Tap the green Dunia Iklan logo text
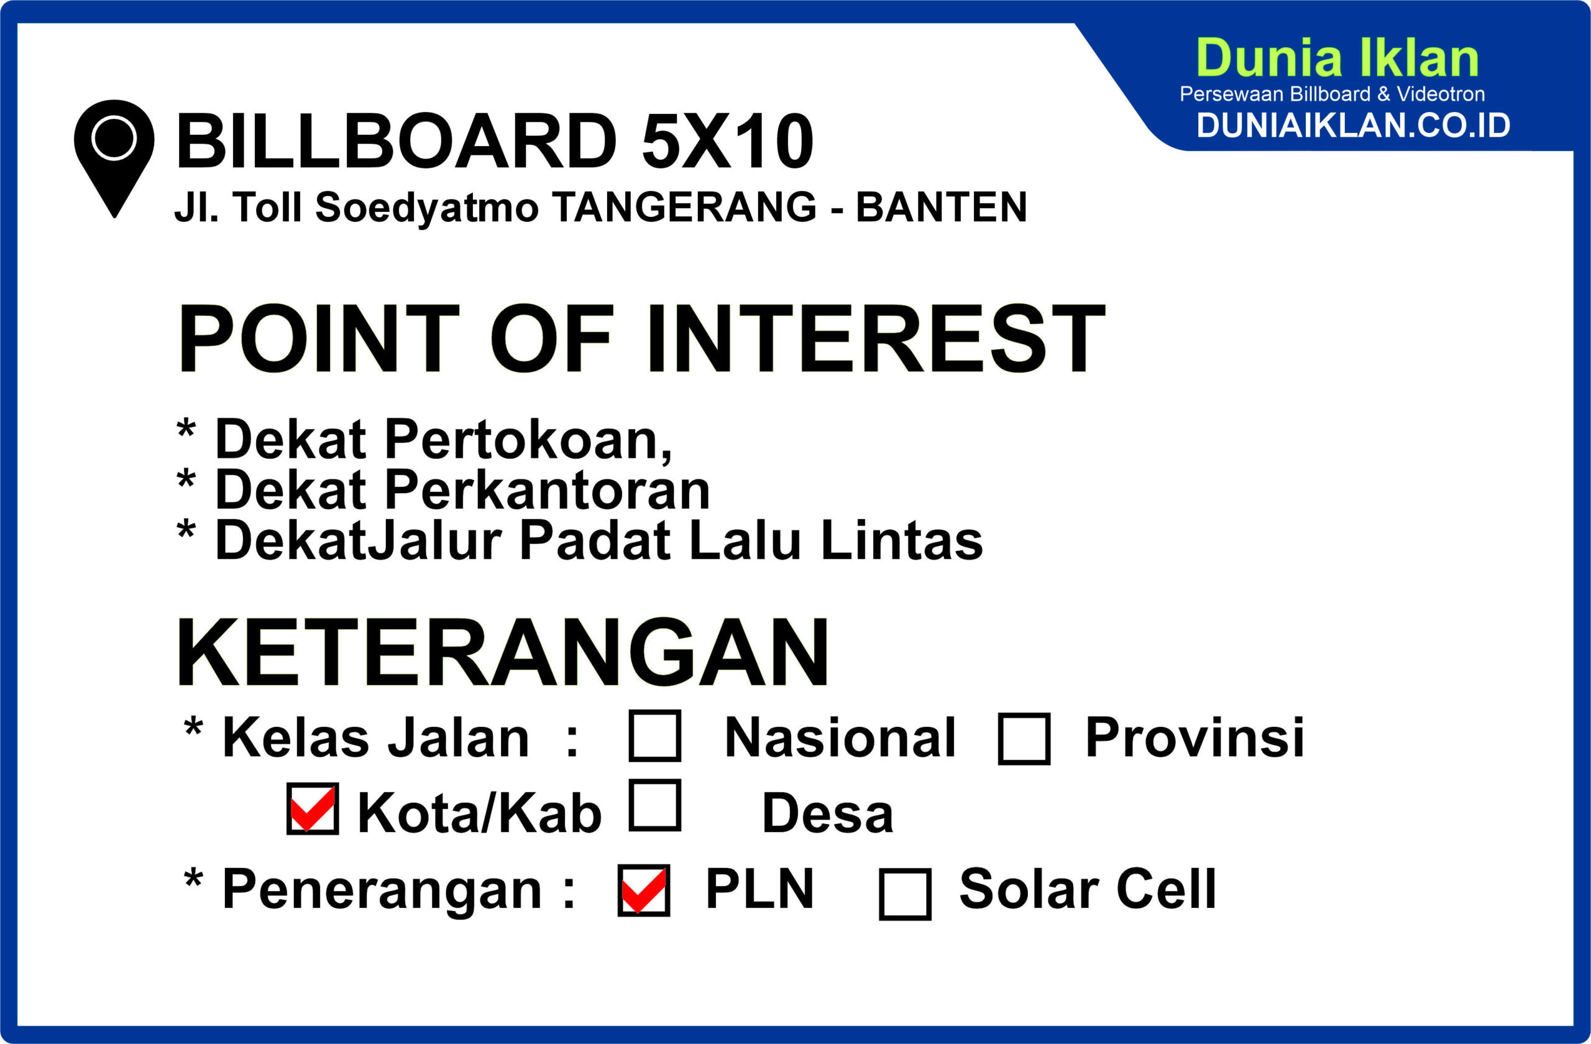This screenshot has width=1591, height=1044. (x=1337, y=58)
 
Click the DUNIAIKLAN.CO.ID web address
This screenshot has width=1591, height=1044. (x=1353, y=125)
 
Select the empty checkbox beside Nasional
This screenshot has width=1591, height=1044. (x=655, y=736)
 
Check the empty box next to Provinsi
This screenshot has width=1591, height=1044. (x=1024, y=738)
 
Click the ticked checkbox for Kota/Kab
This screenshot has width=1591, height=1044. (x=313, y=808)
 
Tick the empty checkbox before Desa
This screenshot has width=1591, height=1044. (x=655, y=805)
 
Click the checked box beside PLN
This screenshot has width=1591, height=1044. (x=644, y=890)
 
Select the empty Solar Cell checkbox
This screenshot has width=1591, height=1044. (x=905, y=894)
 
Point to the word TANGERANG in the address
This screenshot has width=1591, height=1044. (x=684, y=206)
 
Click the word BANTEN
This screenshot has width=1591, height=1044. (x=941, y=206)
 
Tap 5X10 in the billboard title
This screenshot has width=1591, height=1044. (x=727, y=141)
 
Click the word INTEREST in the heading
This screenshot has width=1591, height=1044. (x=876, y=338)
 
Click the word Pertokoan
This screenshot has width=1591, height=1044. (x=528, y=440)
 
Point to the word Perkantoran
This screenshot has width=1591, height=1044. (x=547, y=490)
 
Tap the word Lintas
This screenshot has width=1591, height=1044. (x=902, y=540)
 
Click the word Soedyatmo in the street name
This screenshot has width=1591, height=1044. (x=426, y=207)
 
